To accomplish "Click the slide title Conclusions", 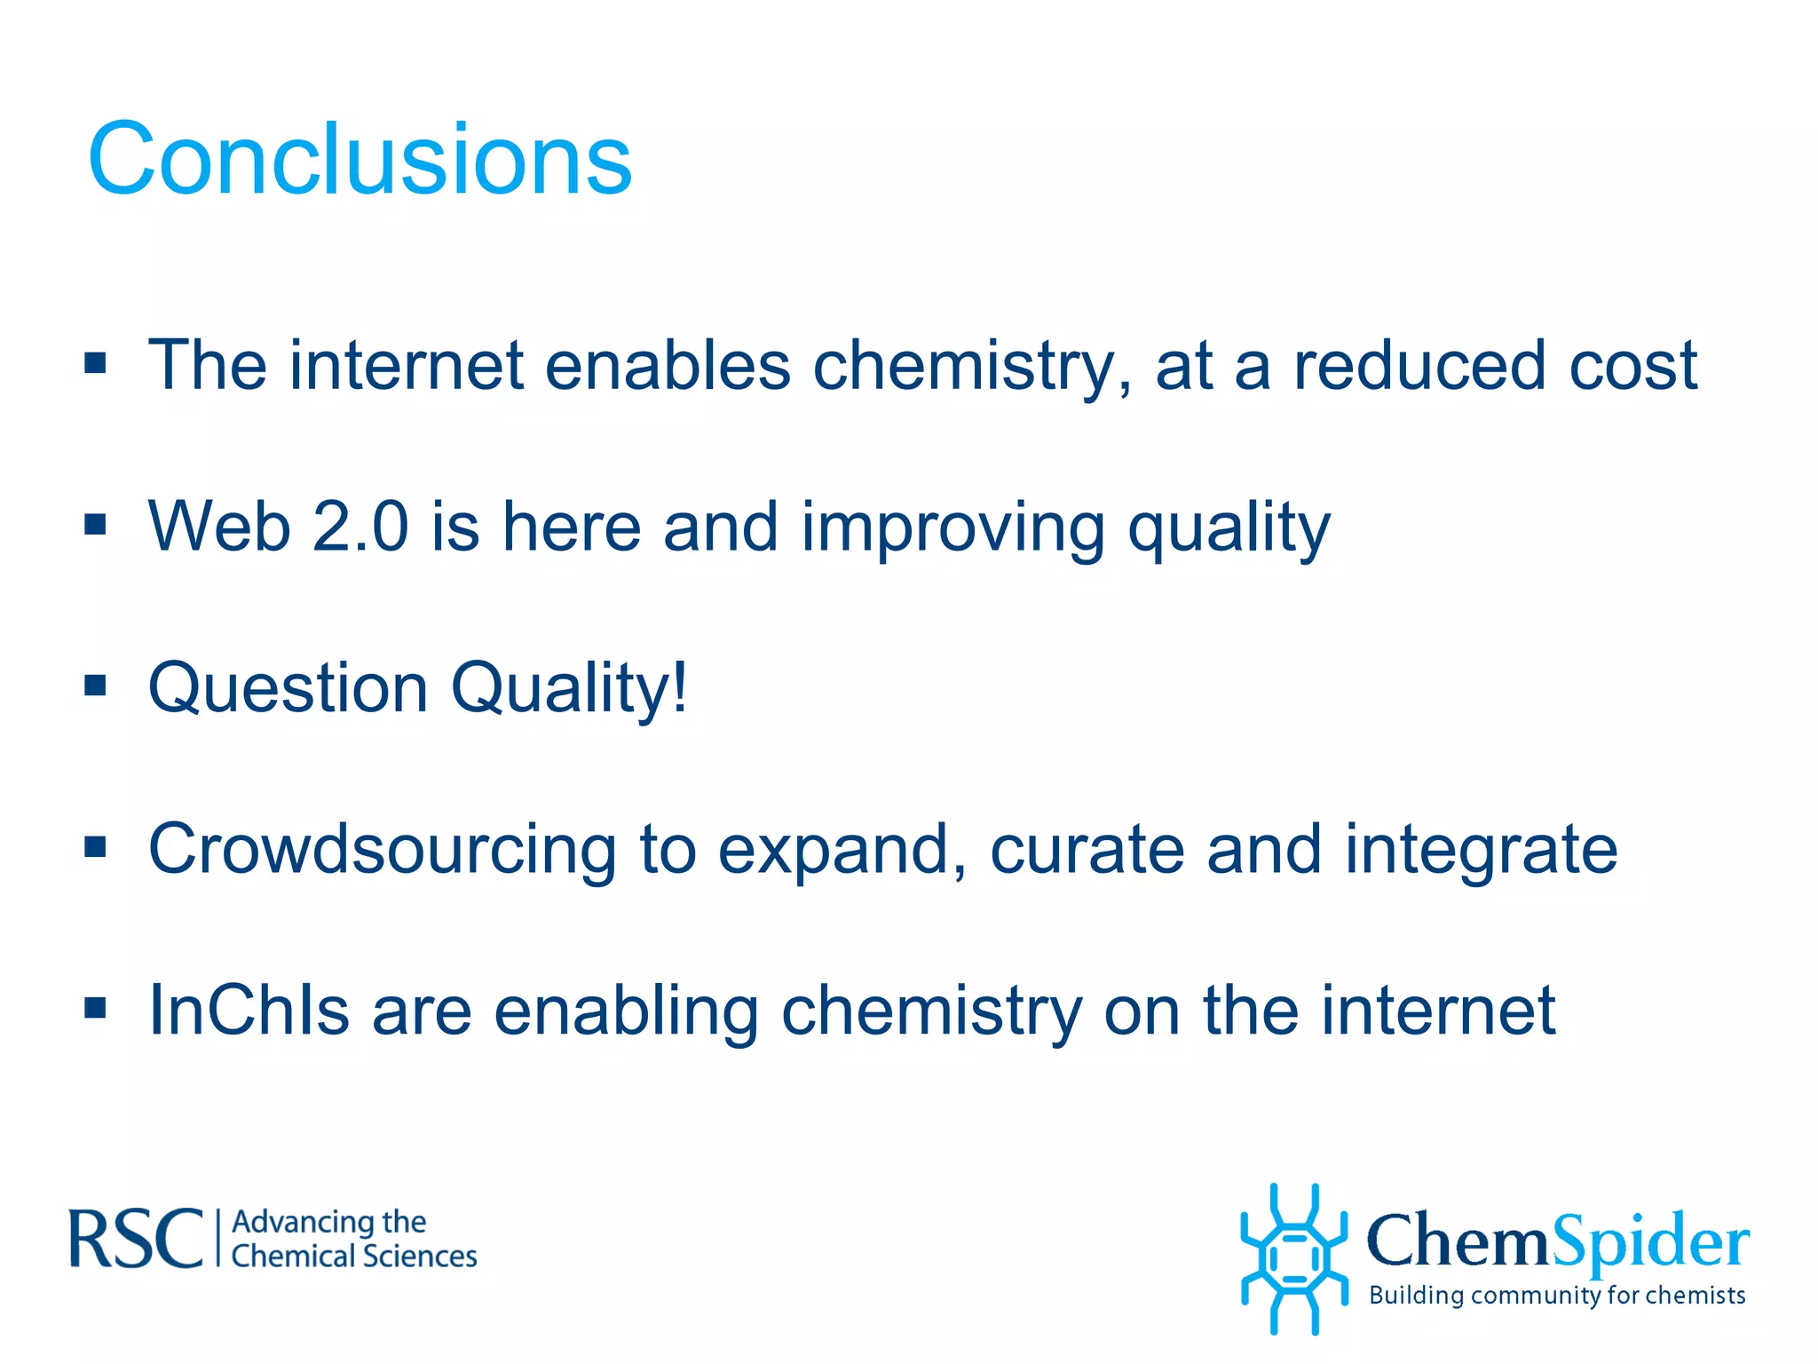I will click(360, 160).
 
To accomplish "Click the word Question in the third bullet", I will click(289, 688).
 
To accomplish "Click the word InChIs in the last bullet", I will click(249, 1011).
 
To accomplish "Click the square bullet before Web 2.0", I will click(96, 525).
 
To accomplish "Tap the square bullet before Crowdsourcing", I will click(96, 847).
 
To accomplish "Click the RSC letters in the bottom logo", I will click(136, 1238).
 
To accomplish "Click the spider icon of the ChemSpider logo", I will click(1294, 1258).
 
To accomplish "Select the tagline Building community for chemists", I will click(1557, 1296).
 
